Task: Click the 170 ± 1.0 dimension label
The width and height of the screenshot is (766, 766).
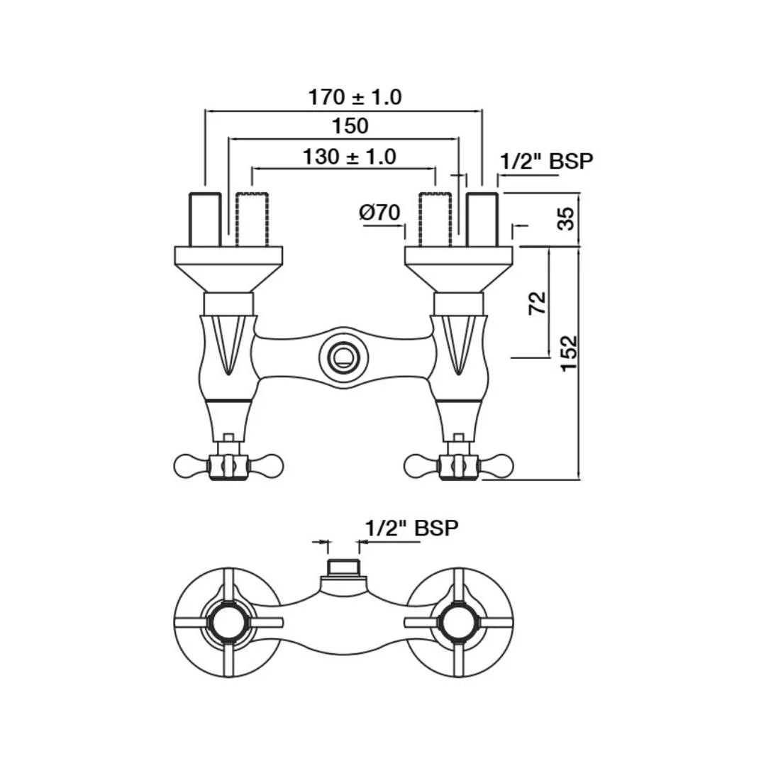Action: (x=355, y=97)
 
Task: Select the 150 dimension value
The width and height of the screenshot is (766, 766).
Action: (x=350, y=126)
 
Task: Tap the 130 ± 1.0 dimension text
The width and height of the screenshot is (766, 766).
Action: (x=349, y=157)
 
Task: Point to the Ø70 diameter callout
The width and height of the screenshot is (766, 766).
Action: (x=379, y=213)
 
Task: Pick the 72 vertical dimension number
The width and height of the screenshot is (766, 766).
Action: (x=538, y=303)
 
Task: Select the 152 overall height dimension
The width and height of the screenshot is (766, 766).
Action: (x=569, y=353)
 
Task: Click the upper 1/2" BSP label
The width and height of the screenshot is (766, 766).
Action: (x=547, y=161)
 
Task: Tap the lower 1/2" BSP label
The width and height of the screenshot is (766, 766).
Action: (x=412, y=528)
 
